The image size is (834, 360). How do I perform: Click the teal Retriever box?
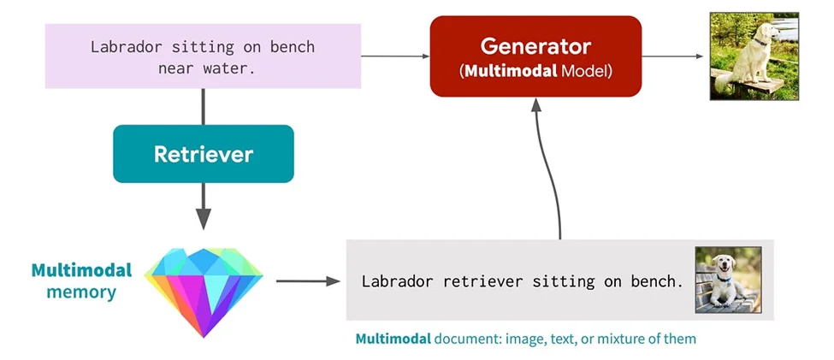203,154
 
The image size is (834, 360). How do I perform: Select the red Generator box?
535,56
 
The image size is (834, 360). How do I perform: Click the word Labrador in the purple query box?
126,46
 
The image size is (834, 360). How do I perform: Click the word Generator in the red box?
535,45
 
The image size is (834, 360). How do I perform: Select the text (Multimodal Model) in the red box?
535,71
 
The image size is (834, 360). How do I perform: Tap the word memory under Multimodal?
82,292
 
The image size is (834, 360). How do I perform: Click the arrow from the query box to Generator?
394,56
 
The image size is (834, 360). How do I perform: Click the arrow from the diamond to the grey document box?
304,280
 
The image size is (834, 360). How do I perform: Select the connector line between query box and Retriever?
203,106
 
